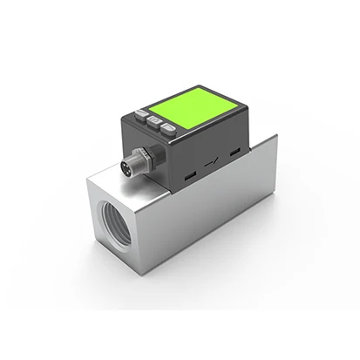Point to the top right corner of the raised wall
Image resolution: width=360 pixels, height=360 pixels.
277,135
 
